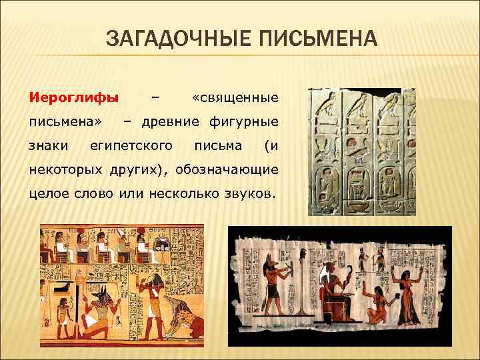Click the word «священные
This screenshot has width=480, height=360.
(234, 98)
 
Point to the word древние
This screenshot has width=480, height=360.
(170, 121)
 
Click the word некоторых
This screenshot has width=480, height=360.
(61, 169)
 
